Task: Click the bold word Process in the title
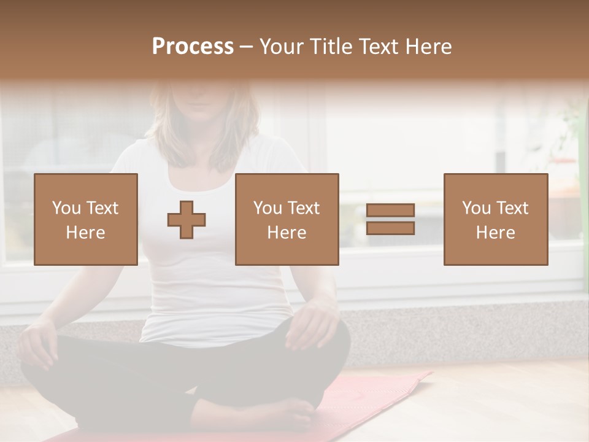tap(193, 47)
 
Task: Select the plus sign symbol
tap(187, 220)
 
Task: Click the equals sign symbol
tap(390, 219)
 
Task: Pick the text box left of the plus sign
tap(86, 220)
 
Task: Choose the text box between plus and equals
tap(287, 220)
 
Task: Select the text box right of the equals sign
tap(496, 220)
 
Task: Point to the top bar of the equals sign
tap(390, 211)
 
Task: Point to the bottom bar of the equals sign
tap(390, 228)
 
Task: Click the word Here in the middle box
tap(287, 233)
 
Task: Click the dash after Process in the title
tap(247, 47)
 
